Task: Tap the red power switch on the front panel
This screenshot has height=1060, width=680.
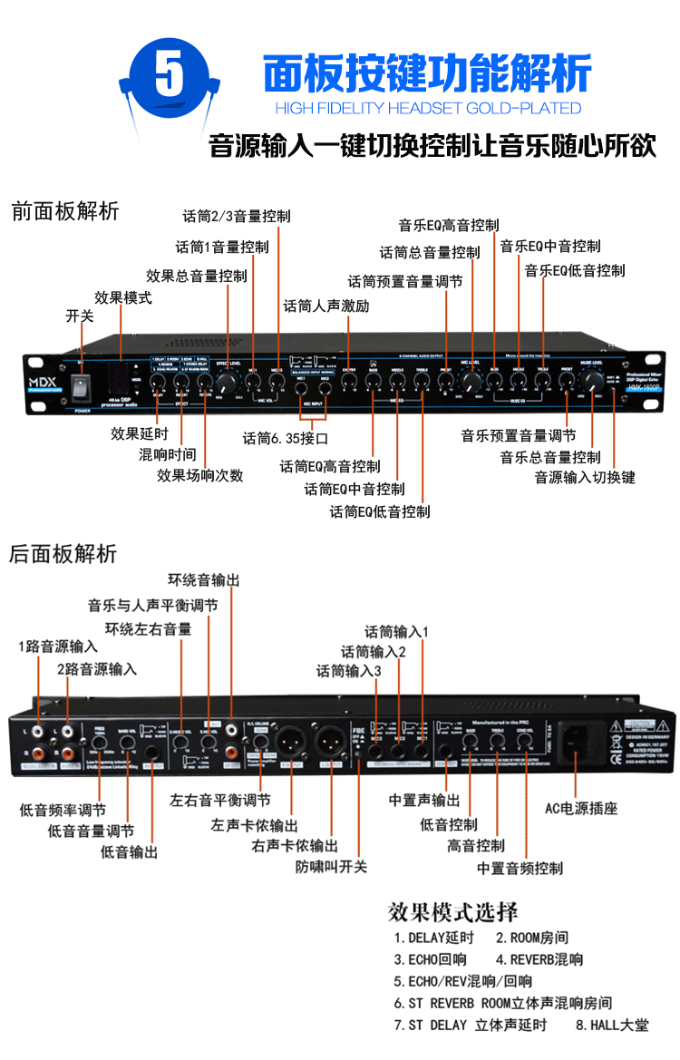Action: point(81,384)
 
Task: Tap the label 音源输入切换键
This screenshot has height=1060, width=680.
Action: point(585,477)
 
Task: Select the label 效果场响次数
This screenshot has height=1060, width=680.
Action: point(199,475)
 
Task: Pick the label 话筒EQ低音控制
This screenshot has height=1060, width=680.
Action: point(380,512)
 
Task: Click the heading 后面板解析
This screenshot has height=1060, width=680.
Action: point(63,554)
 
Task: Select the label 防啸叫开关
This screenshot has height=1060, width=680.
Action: point(331,867)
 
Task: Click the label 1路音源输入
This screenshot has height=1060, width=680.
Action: point(58,647)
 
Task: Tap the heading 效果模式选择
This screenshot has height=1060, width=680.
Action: point(452,911)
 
